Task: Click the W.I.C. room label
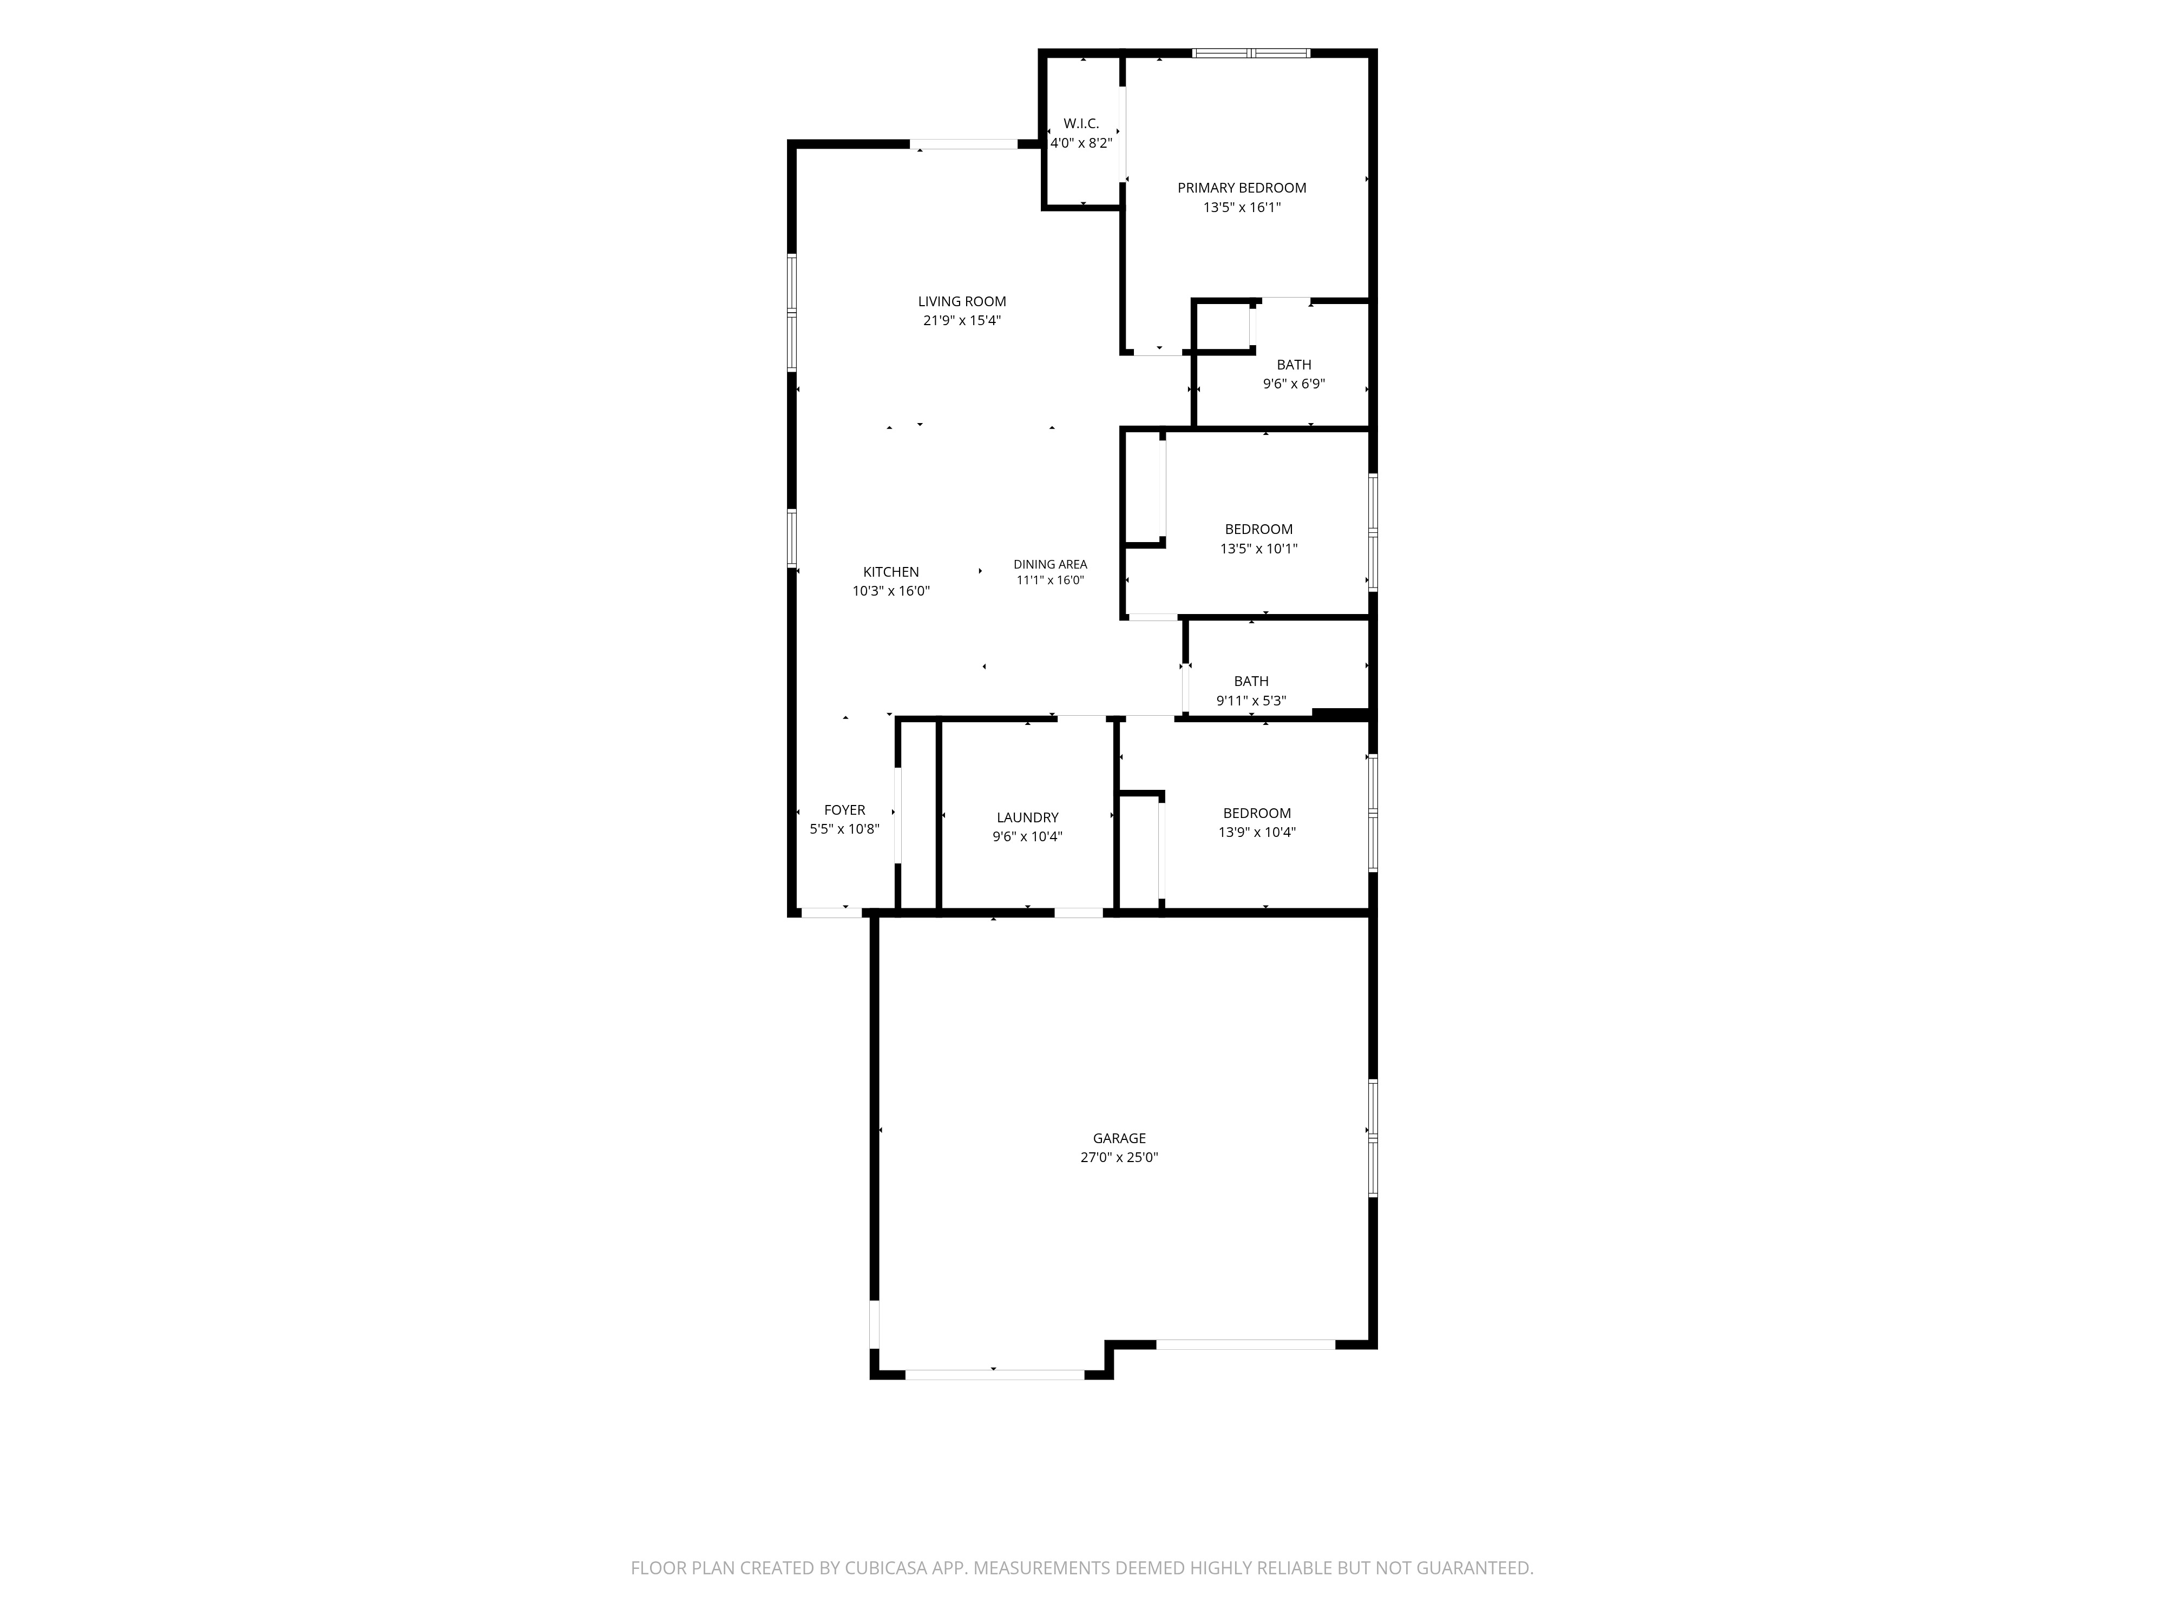click(1081, 123)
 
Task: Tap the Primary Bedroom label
click(1241, 188)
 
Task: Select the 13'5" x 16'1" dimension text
click(1241, 207)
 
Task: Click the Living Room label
click(962, 301)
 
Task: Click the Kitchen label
click(891, 572)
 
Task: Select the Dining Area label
click(1050, 564)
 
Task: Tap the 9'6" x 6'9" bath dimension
click(1294, 384)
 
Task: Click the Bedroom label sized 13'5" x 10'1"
click(1258, 529)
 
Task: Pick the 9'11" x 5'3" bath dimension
click(1251, 701)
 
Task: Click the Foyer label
click(845, 810)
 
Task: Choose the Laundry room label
click(1028, 818)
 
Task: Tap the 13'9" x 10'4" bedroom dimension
click(1257, 833)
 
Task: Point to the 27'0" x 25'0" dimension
click(1120, 1157)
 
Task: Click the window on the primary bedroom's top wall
click(1251, 53)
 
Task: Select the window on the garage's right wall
click(1373, 1138)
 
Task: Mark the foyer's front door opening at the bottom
click(832, 913)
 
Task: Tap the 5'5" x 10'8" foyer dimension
click(845, 829)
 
